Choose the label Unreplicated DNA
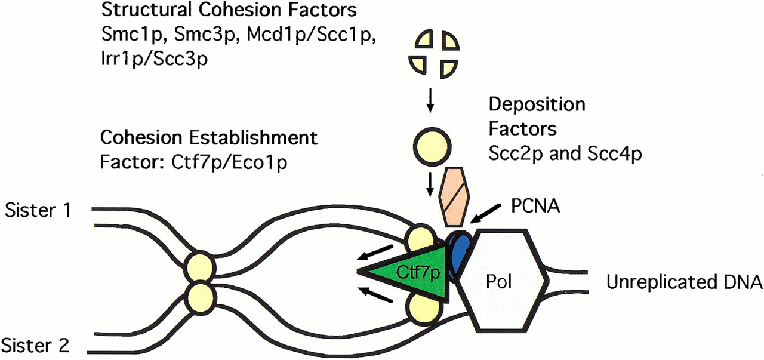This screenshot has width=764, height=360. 684,282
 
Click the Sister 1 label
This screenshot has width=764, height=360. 38,210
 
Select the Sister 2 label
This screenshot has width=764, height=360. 38,344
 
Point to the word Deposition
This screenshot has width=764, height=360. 537,104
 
